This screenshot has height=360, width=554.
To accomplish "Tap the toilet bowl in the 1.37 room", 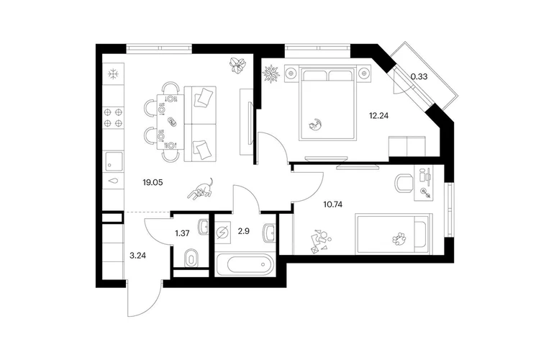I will (191, 257).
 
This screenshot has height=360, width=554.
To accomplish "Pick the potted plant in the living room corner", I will (236, 66).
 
